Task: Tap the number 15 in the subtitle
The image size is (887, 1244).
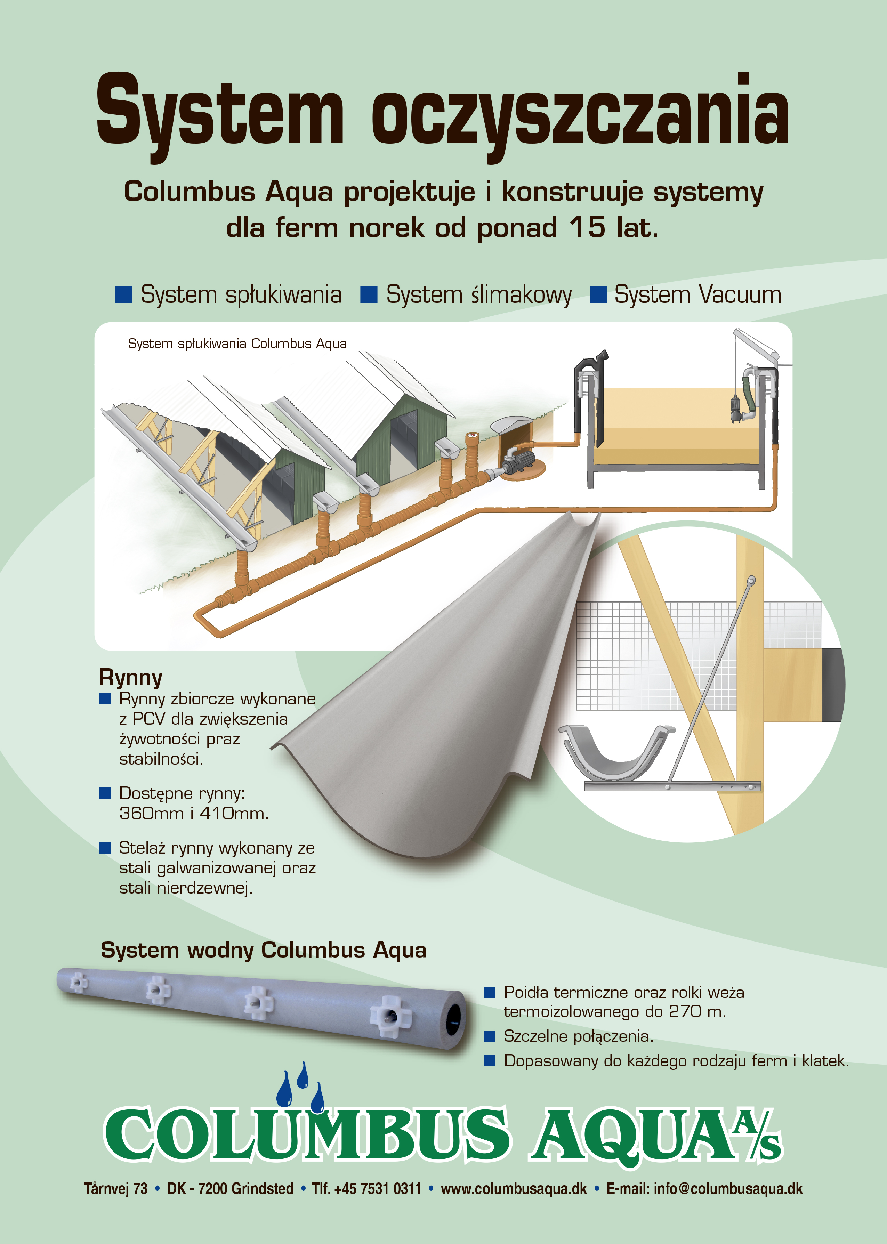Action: point(587,227)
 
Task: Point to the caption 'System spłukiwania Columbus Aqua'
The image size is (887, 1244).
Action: point(237,344)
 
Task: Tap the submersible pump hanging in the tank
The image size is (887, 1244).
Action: point(737,409)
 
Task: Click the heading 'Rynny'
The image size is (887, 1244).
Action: point(130,678)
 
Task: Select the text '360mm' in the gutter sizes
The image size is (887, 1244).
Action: point(151,813)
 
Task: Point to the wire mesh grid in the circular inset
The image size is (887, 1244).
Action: point(699,655)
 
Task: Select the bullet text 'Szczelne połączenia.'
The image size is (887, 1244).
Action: point(578,1036)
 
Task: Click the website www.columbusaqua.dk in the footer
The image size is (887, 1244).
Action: point(514,1189)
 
